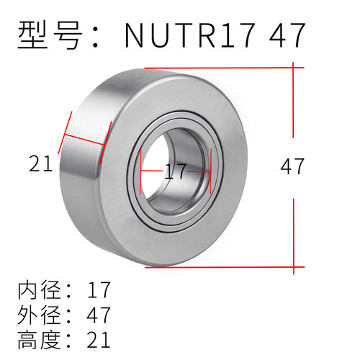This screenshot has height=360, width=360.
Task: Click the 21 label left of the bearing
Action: point(41,165)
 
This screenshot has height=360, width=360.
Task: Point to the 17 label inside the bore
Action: point(175,171)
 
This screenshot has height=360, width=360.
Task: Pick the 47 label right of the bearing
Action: point(292,166)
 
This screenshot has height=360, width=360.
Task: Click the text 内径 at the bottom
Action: point(39,291)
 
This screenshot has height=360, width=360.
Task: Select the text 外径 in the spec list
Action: point(39,315)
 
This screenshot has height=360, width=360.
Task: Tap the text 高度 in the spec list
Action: point(39,338)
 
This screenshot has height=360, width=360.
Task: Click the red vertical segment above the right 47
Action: point(293,101)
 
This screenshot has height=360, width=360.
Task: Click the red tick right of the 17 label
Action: point(209,173)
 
